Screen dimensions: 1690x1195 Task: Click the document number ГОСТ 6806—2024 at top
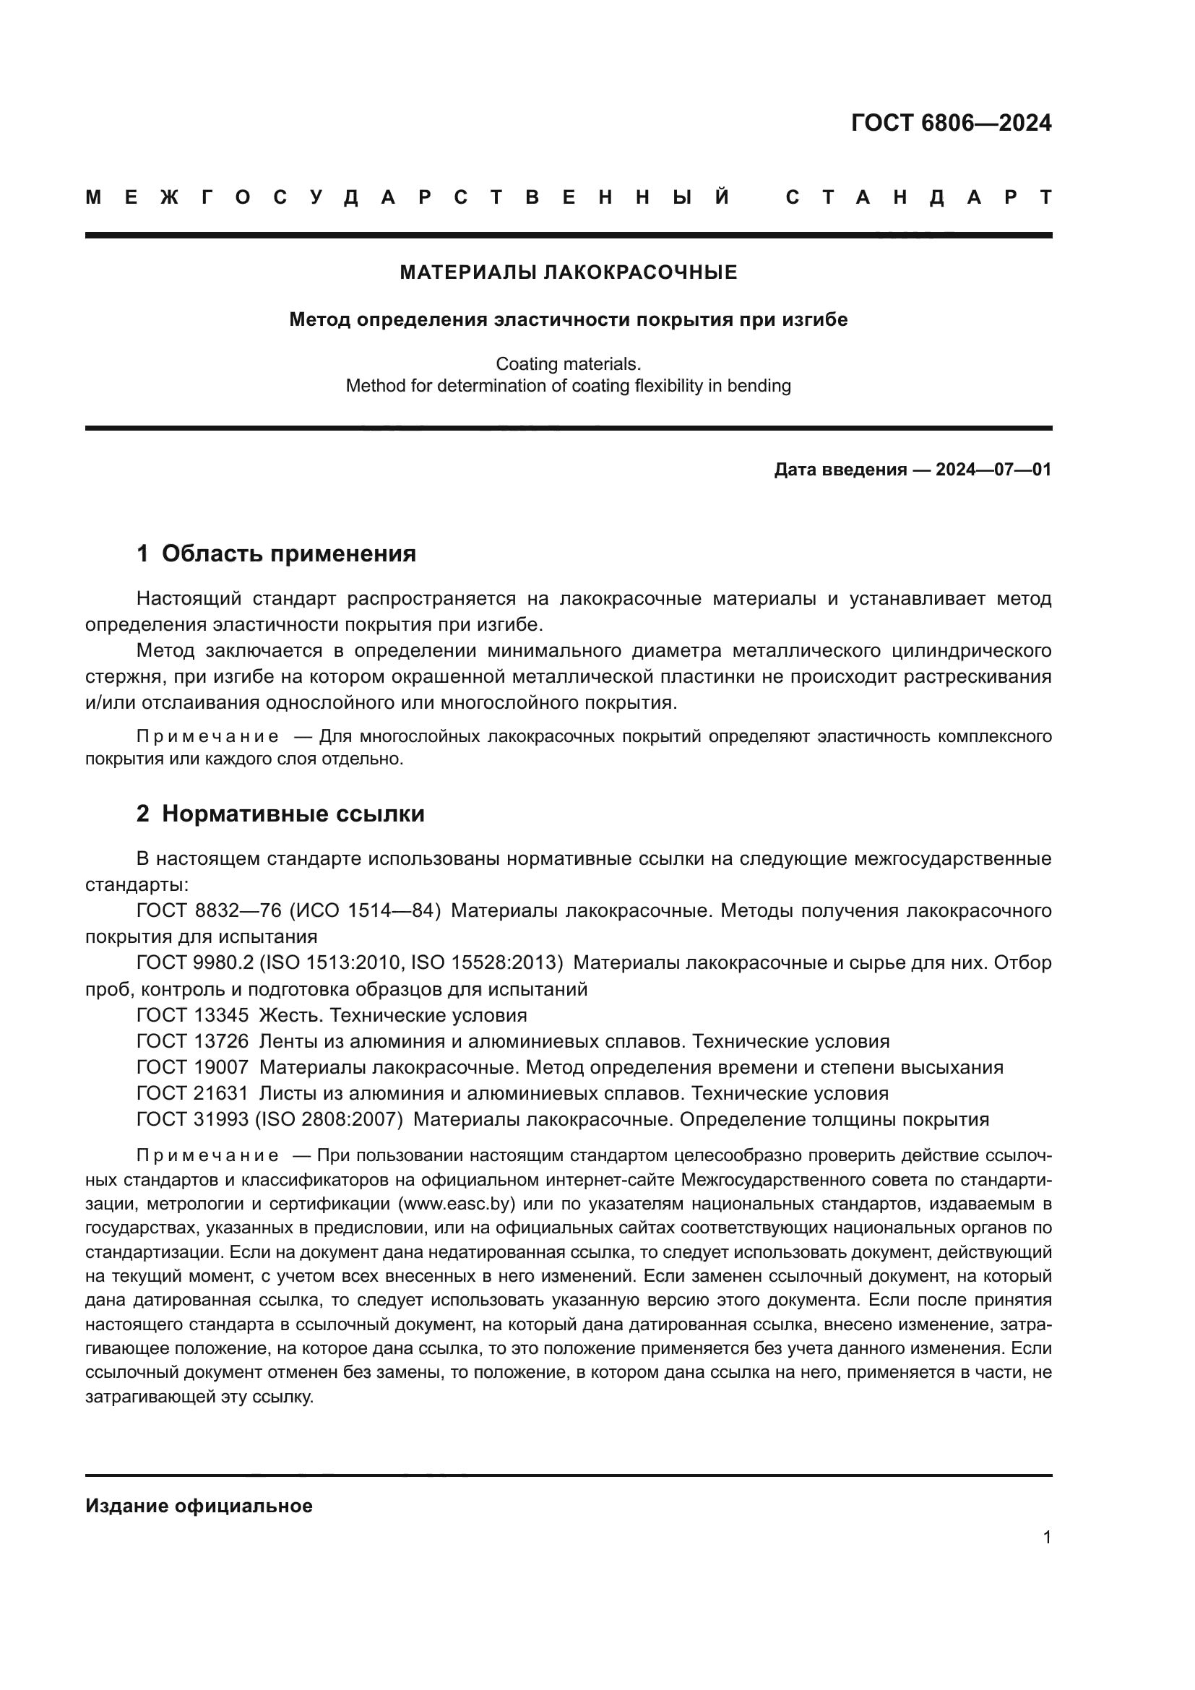[x=951, y=123]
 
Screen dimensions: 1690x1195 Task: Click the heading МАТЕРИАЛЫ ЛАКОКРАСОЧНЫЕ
[x=568, y=273]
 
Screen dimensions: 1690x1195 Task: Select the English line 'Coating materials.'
[x=568, y=363]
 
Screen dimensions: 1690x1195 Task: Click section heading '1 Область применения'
[x=276, y=553]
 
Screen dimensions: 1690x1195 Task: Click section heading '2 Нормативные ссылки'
[x=280, y=814]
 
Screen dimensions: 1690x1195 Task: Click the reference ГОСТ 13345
[x=193, y=1016]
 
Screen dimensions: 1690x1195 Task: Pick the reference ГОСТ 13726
[x=193, y=1042]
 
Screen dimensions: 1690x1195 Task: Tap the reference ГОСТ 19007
[x=193, y=1067]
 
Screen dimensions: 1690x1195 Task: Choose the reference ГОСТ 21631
[x=193, y=1093]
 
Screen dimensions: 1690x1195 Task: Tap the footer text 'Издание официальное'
[x=199, y=1506]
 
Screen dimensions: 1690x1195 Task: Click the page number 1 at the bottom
[x=1046, y=1538]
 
